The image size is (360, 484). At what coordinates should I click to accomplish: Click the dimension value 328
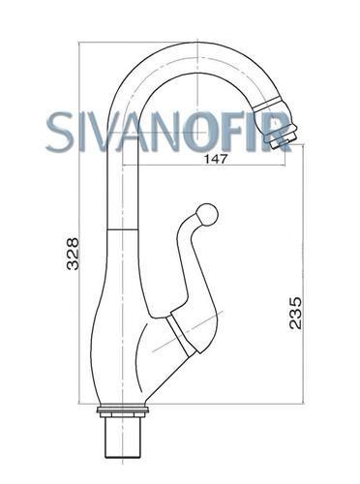(x=73, y=254)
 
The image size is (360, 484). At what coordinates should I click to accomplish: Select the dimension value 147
(x=216, y=159)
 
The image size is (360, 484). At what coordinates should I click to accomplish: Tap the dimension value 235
(x=295, y=313)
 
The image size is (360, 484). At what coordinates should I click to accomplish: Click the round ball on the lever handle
(x=207, y=214)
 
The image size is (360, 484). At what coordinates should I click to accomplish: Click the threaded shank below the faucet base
(x=123, y=438)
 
